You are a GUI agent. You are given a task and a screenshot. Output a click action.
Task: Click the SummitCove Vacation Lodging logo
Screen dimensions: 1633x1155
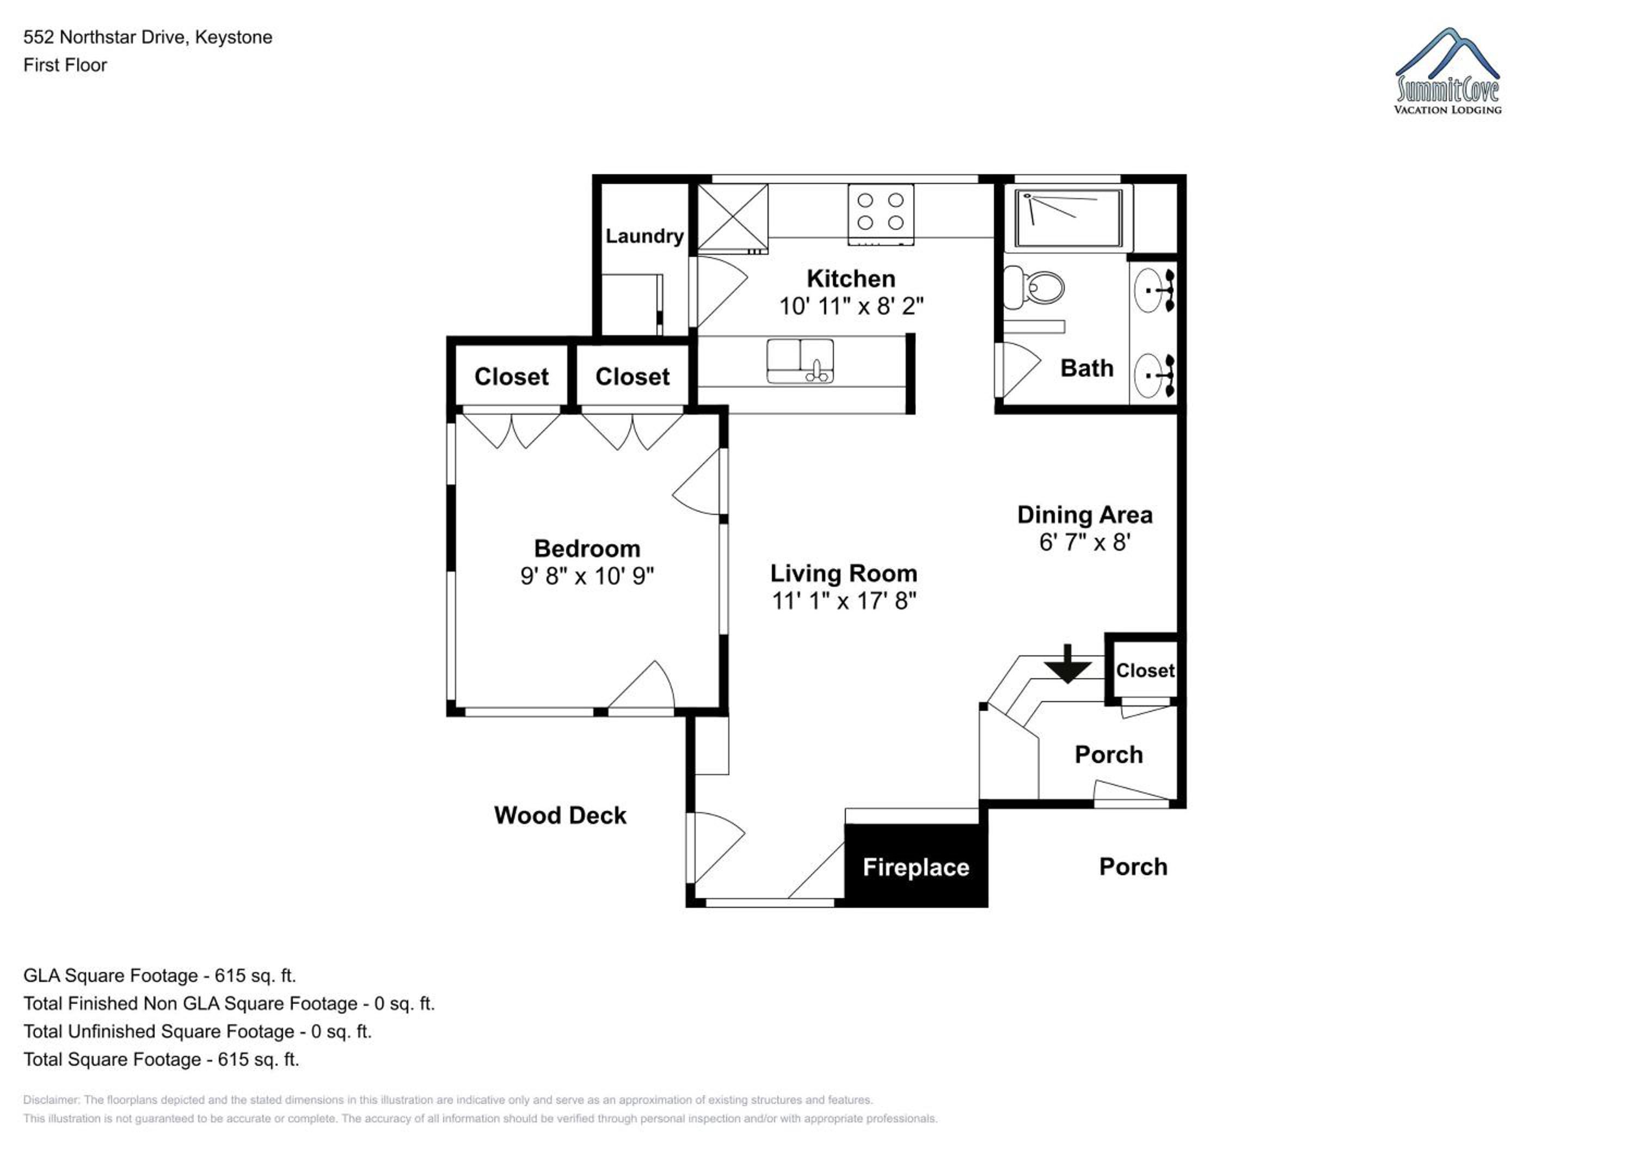(x=1447, y=71)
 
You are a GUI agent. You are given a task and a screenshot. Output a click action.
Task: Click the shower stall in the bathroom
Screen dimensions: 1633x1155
(x=1069, y=218)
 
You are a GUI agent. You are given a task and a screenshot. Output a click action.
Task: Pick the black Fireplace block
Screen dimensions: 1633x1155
(x=916, y=865)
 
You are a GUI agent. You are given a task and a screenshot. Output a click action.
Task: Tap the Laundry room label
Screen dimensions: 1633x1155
(x=644, y=236)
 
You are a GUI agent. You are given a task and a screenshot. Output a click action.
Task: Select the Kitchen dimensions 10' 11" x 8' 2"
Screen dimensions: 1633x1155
(x=851, y=306)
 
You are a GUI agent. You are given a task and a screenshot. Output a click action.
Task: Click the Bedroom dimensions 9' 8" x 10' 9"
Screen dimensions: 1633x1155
(x=587, y=575)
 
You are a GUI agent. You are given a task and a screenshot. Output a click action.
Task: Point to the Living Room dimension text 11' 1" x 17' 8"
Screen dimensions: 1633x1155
(x=844, y=601)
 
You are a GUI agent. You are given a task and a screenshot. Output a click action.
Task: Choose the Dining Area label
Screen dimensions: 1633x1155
(x=1085, y=515)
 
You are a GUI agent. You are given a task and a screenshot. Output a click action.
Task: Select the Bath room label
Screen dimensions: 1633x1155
(x=1087, y=368)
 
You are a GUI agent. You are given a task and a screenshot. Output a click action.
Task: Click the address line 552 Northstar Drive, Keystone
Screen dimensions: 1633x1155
(x=148, y=37)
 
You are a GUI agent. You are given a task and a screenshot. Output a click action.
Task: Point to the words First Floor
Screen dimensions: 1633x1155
(x=65, y=65)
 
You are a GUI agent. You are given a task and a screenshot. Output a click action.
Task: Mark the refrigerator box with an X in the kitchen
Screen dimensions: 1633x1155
(x=733, y=217)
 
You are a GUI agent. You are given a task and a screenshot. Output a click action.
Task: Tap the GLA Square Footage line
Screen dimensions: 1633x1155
(x=160, y=976)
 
